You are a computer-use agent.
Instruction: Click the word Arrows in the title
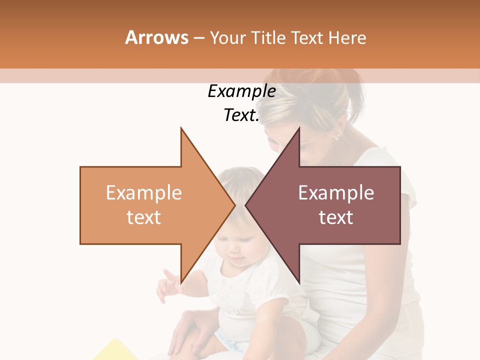tap(156, 37)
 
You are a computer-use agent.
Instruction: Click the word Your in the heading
tap(227, 37)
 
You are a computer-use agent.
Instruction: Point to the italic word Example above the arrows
tap(241, 91)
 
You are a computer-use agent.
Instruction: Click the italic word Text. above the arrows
tap(241, 115)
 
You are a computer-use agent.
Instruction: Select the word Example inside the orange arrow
tap(144, 192)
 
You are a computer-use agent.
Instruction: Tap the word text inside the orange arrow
tap(144, 217)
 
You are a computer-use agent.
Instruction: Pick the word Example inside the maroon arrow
tap(336, 192)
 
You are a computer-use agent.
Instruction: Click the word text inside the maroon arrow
tap(336, 217)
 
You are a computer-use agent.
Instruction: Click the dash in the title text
tap(198, 38)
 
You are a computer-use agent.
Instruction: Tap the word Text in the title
tap(307, 37)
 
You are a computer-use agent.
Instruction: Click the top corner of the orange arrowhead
tap(181, 128)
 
